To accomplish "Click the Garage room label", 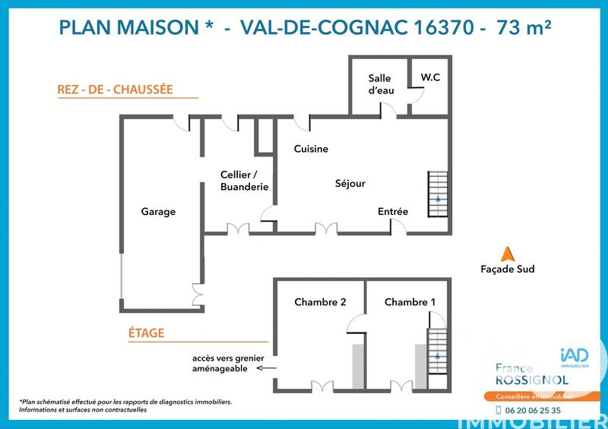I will tap(158, 212).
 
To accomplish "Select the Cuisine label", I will tap(311, 149).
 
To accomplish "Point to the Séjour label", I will tap(350, 183).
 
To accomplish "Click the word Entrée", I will tap(393, 211).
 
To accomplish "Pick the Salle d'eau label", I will tap(379, 84).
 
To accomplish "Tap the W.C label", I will tap(430, 77).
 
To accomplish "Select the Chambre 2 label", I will tap(320, 302).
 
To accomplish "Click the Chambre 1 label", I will tap(410, 302).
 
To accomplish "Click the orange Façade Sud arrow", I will tap(507, 254).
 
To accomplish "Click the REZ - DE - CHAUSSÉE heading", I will tap(116, 90).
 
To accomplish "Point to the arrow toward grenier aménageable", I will tap(266, 368).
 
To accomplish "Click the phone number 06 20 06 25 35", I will tap(533, 410).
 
